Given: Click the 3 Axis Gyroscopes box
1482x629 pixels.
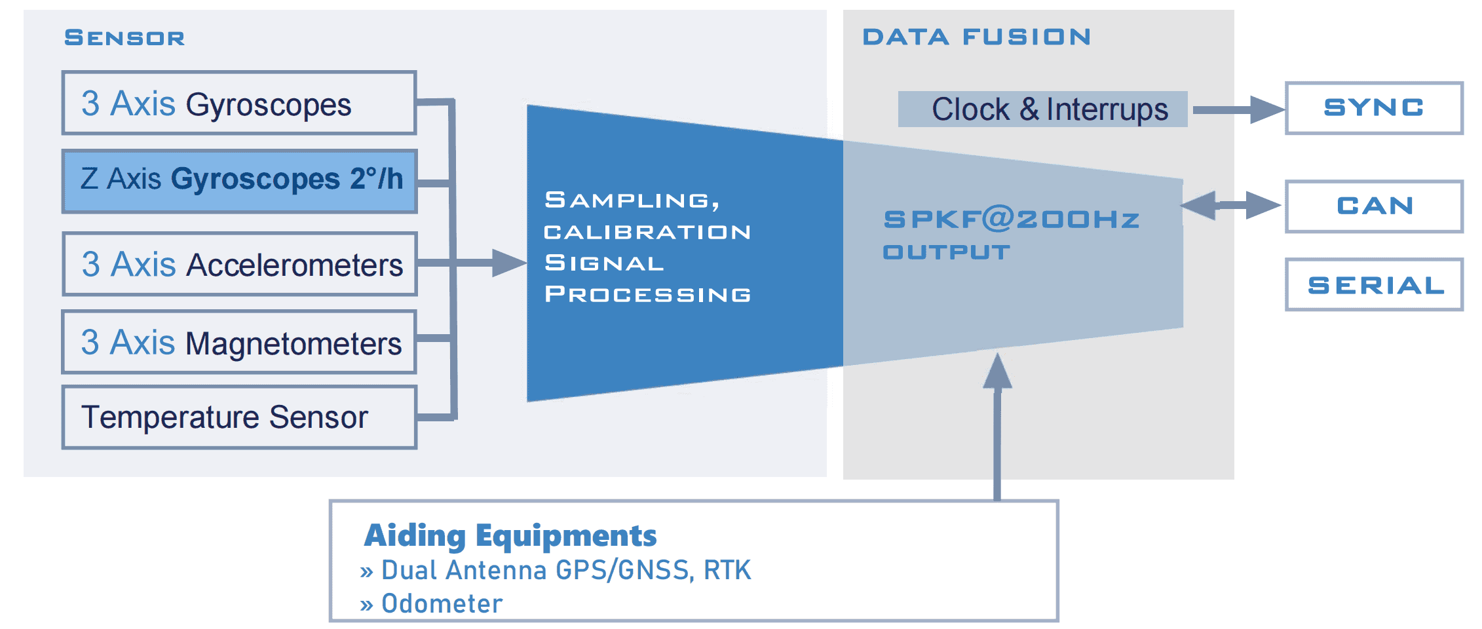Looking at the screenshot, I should (239, 103).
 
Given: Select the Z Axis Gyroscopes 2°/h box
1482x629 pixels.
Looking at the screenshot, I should (239, 181).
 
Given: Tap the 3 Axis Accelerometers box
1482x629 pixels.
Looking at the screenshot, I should (239, 263).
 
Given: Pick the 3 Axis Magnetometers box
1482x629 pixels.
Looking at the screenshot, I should (239, 342).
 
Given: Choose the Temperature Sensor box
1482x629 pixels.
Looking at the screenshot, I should (239, 417).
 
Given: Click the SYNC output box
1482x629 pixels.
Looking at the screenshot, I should (1373, 108).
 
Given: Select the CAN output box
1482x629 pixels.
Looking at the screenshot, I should (1373, 206).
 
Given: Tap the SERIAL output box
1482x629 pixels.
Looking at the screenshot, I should (1373, 285).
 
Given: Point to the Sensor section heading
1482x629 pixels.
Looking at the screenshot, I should (124, 38).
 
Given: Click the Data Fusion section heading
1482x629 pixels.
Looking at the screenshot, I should (976, 37).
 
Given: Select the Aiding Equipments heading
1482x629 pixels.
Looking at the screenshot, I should (510, 536).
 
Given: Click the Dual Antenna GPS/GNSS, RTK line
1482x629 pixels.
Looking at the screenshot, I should (565, 571).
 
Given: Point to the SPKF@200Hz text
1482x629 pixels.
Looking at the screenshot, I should (1011, 219).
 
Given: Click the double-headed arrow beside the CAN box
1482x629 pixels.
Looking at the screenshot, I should (1230, 206).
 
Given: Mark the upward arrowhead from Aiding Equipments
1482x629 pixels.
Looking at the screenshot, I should (997, 372).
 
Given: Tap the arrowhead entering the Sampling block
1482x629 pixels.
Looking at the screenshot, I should (508, 263).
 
